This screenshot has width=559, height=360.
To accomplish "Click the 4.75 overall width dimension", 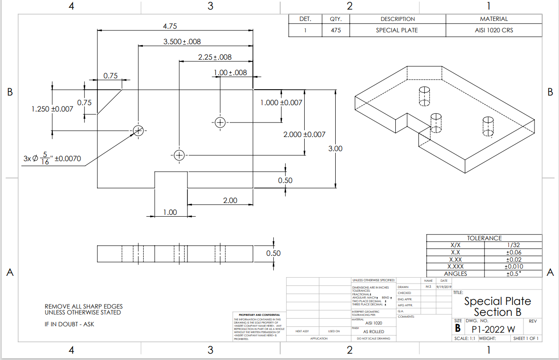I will [x=170, y=26].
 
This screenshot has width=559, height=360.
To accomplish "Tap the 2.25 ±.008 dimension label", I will [x=215, y=57].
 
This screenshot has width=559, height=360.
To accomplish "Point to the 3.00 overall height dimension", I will [x=335, y=149].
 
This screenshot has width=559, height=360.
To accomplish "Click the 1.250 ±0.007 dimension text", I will [x=52, y=109].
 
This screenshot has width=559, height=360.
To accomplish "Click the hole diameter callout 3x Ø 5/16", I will [x=52, y=159].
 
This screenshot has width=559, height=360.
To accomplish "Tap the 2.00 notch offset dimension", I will [x=229, y=201].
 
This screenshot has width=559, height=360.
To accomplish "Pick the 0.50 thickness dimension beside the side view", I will [x=273, y=253].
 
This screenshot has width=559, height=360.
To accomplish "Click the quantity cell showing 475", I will [x=336, y=30].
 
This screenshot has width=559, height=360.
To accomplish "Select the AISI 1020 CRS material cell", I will [x=494, y=30].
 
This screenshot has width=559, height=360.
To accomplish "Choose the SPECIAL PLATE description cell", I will [x=397, y=30].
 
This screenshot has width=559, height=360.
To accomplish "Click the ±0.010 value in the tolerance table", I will [x=514, y=266].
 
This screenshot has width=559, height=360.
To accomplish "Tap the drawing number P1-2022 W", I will [x=493, y=329].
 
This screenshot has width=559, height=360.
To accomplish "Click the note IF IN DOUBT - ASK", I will [x=70, y=324].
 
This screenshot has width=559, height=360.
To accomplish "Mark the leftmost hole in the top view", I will [x=138, y=131].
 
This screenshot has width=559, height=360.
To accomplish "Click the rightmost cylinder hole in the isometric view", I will [x=488, y=126].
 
